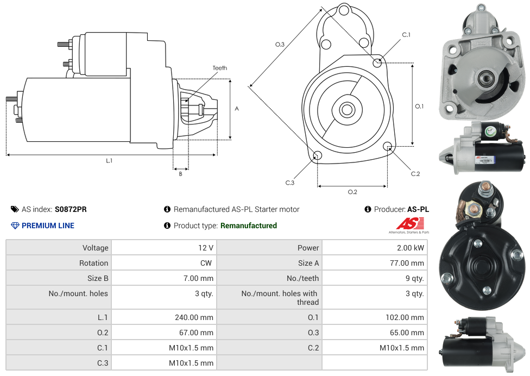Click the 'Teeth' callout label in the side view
click(x=219, y=68)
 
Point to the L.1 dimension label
click(x=109, y=161)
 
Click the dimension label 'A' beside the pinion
click(x=237, y=109)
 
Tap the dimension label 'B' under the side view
click(x=180, y=174)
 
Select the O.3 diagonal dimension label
click(x=280, y=45)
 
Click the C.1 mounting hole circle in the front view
click(x=377, y=62)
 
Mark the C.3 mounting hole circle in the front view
click(x=318, y=156)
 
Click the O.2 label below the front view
click(x=352, y=192)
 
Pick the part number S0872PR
click(x=71, y=209)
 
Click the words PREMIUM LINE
click(x=48, y=225)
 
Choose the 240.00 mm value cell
click(x=194, y=317)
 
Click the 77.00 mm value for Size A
click(x=407, y=263)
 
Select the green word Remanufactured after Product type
click(x=248, y=225)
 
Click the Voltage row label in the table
click(x=95, y=248)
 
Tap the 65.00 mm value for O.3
click(x=407, y=333)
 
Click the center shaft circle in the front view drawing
click(x=346, y=109)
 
